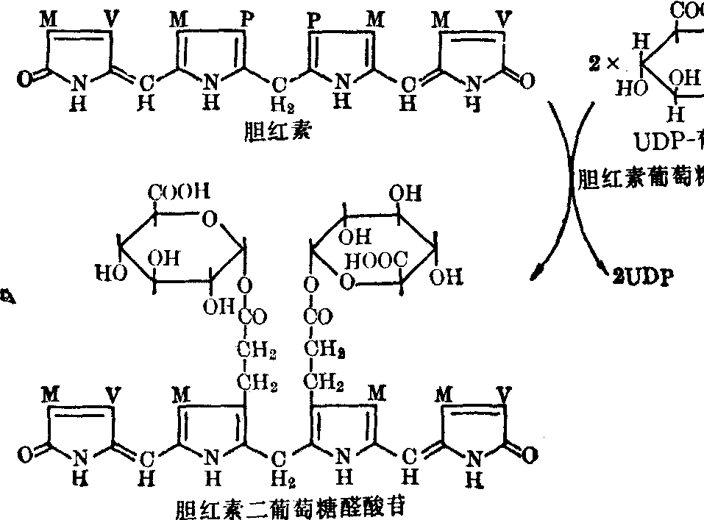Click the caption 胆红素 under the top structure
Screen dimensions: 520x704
tap(269, 132)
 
